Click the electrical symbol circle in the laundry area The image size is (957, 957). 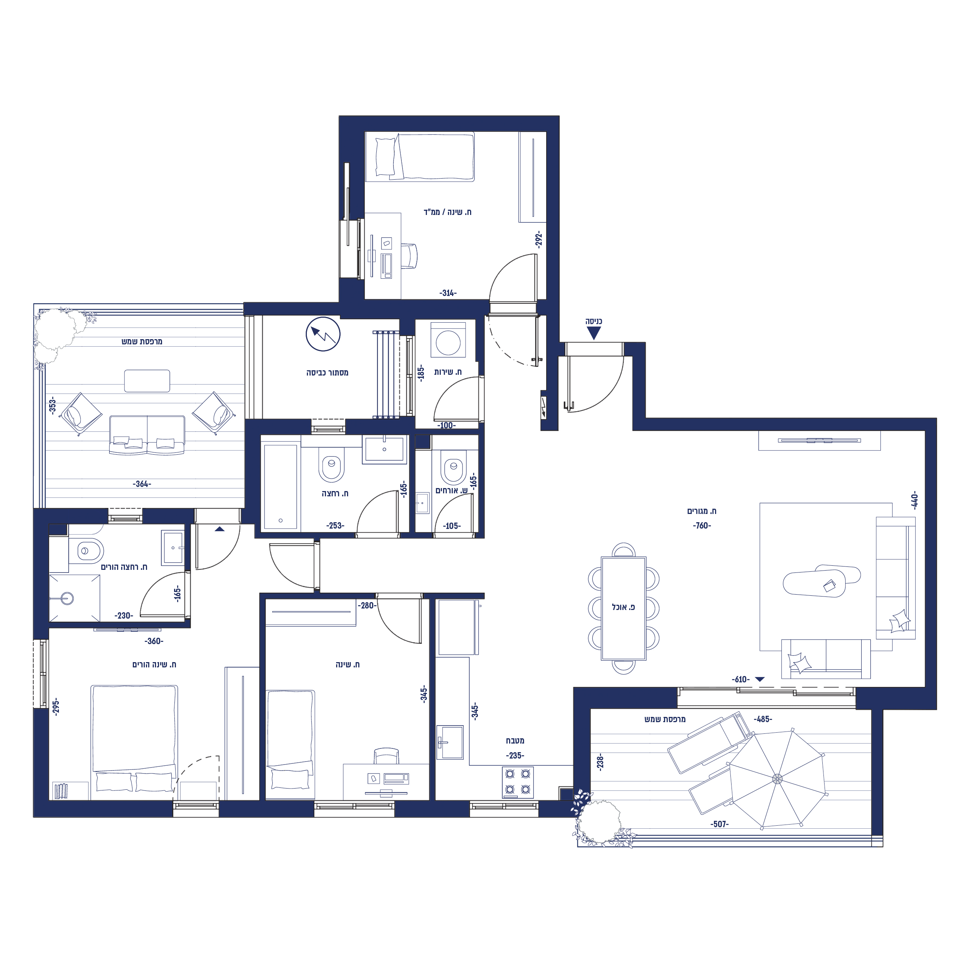[323, 334]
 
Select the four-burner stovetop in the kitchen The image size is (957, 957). [518, 782]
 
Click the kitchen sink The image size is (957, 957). [450, 742]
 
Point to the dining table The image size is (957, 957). [623, 608]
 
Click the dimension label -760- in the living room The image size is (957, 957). [702, 526]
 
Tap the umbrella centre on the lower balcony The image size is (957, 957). [777, 779]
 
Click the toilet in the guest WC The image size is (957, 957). [453, 467]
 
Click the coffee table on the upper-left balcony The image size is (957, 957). [147, 381]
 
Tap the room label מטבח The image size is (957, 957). [515, 741]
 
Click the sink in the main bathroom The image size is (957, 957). [385, 450]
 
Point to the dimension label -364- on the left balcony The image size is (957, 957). [142, 484]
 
